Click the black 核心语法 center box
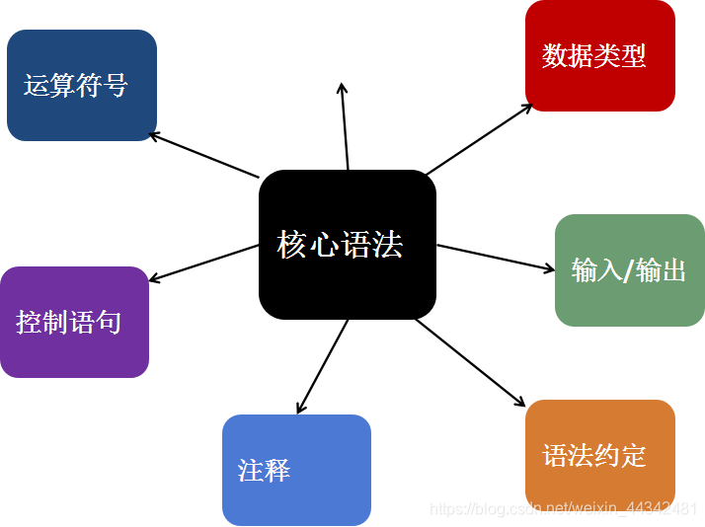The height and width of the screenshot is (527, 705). pyautogui.click(x=347, y=245)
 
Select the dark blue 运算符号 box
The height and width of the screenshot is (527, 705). pyautogui.click(x=81, y=85)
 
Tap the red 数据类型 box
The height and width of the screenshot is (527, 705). pyautogui.click(x=599, y=55)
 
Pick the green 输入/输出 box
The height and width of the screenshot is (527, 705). pyautogui.click(x=629, y=269)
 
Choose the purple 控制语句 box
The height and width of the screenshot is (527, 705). pyautogui.click(x=74, y=322)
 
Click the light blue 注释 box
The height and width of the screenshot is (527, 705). pyautogui.click(x=296, y=470)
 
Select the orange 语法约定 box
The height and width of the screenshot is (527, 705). pyautogui.click(x=599, y=455)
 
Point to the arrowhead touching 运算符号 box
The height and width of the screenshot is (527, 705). pyautogui.click(x=151, y=134)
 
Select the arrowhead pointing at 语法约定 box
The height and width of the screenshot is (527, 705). pyautogui.click(x=521, y=402)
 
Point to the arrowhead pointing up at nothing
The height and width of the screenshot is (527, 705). pyautogui.click(x=342, y=87)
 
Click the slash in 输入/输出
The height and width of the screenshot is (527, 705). pyautogui.click(x=628, y=270)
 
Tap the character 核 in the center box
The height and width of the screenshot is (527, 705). pyautogui.click(x=292, y=244)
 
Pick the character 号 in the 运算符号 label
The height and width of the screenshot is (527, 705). pyautogui.click(x=115, y=86)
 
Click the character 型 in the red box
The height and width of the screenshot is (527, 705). pyautogui.click(x=633, y=55)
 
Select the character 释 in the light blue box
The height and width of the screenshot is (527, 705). pyautogui.click(x=276, y=470)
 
